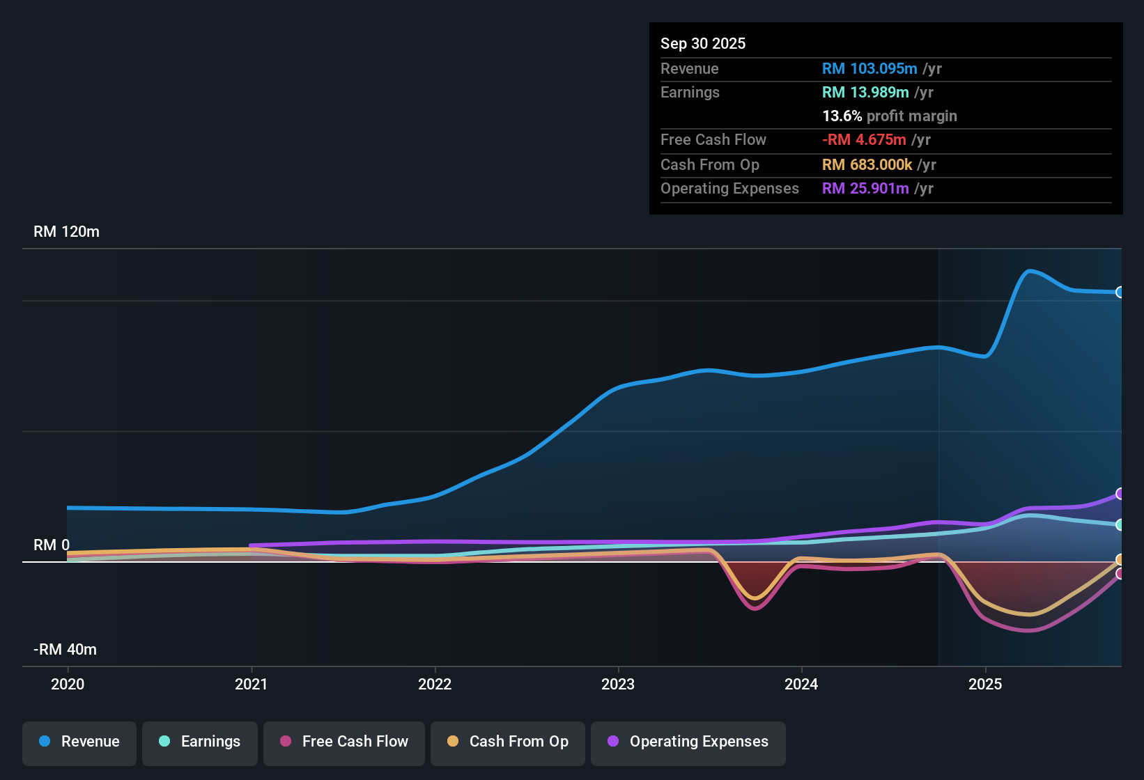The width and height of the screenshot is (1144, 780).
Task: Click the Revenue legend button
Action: (x=79, y=742)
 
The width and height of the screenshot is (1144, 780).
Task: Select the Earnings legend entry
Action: (x=200, y=742)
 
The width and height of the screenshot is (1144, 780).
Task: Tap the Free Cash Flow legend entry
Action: (x=344, y=742)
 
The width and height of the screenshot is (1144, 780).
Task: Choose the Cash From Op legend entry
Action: (x=508, y=742)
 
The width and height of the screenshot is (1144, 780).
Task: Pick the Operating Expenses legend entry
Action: (x=688, y=742)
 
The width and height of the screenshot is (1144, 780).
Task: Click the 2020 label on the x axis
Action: (x=68, y=685)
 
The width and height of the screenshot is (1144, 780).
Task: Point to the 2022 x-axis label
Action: (x=435, y=685)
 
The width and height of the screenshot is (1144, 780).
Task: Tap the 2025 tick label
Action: (x=985, y=685)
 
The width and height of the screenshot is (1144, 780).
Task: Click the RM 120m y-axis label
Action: (x=67, y=232)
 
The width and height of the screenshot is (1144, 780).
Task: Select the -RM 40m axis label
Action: (x=65, y=650)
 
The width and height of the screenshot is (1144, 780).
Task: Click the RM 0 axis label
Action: (x=52, y=545)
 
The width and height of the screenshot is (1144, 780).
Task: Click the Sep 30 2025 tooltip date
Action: (x=703, y=44)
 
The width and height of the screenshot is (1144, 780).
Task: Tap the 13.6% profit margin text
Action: (x=889, y=116)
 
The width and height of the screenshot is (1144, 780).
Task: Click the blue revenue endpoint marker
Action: (x=1120, y=292)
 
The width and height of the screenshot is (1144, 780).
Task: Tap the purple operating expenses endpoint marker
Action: (x=1120, y=494)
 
